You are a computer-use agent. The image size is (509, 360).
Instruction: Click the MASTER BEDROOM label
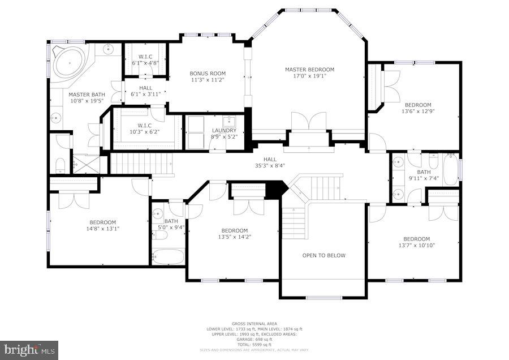click(x=309, y=70)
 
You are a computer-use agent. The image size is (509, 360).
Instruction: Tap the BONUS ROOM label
click(x=207, y=74)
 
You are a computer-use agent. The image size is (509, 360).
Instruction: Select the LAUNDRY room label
click(x=224, y=130)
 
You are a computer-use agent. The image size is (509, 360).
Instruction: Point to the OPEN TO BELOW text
click(x=323, y=255)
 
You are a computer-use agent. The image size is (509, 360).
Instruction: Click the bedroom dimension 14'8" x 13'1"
click(x=102, y=229)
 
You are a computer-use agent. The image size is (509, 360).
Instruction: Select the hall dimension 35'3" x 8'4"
click(x=269, y=166)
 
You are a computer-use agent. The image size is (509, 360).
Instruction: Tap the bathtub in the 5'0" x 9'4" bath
click(x=168, y=256)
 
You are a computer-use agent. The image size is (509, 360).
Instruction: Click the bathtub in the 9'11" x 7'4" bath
click(x=451, y=169)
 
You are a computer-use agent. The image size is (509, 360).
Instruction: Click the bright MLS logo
click(x=29, y=350)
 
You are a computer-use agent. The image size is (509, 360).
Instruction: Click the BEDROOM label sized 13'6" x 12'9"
click(x=417, y=105)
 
